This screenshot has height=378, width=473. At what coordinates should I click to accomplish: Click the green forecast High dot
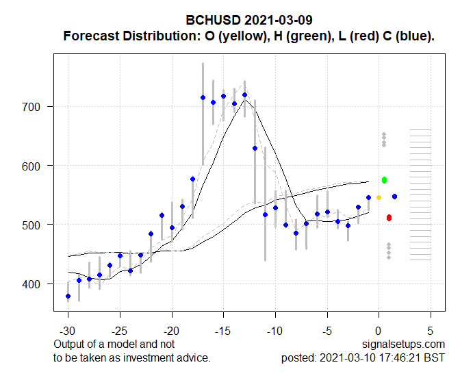click(x=385, y=180)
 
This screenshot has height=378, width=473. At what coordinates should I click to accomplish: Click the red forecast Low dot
click(x=389, y=218)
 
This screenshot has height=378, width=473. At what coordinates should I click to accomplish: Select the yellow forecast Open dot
click(x=379, y=197)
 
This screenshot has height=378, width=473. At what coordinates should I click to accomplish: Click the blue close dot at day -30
click(x=68, y=296)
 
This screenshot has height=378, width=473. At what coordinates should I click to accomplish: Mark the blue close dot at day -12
click(x=255, y=148)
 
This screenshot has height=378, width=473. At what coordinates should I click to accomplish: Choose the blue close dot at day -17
click(x=203, y=98)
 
